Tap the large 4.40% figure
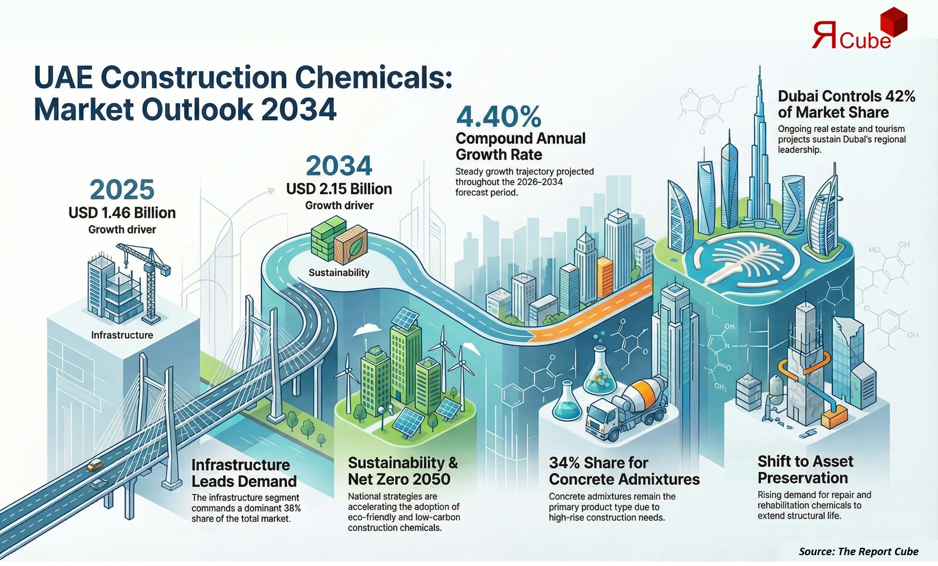pos(499,117)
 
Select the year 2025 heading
pos(122,190)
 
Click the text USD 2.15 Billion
pos(339,189)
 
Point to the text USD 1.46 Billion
pos(122,213)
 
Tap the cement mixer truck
pos(626,408)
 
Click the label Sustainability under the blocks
pos(339,272)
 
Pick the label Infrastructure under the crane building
pos(122,335)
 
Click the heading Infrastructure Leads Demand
pos(244,473)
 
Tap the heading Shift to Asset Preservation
pos(805,469)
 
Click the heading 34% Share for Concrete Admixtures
pos(624,471)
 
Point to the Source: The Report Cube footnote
pos(858,551)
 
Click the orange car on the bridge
pos(95,465)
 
